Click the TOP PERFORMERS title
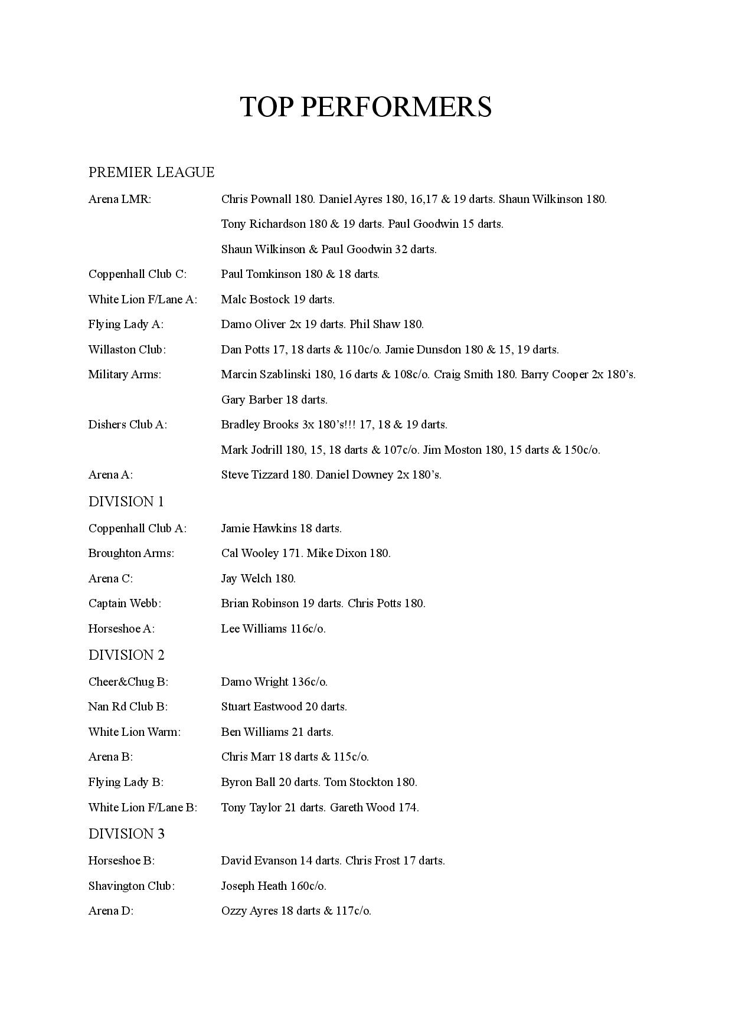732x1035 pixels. [x=365, y=107]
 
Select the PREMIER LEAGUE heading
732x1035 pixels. [x=151, y=172]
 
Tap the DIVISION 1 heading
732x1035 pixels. [x=126, y=502]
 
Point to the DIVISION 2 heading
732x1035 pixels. [x=126, y=655]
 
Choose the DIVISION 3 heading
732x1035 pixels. [x=126, y=834]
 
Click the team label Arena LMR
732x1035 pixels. [x=120, y=199]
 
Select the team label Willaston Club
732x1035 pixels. [x=127, y=349]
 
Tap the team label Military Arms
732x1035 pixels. [x=125, y=374]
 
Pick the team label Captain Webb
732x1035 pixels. [x=125, y=603]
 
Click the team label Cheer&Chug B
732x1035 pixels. [x=128, y=682]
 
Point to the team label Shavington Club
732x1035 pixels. [x=131, y=886]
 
